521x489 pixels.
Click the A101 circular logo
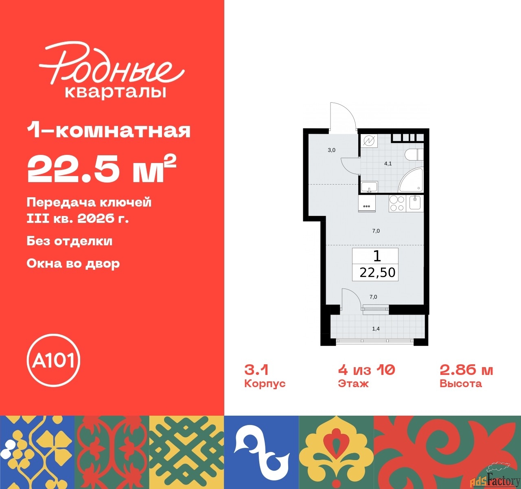pos(53,360)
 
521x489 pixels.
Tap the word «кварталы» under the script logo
pos(116,92)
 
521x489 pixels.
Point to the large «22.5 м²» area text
pos(101,168)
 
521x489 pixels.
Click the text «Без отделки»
pos(70,241)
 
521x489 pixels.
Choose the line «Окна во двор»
pos(73,263)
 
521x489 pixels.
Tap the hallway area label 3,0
pos(331,150)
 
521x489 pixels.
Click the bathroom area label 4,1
pos(388,163)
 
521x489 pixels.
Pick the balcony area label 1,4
pos(376,329)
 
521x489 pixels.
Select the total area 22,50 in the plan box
pos(377,273)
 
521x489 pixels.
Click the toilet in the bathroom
pos(414,154)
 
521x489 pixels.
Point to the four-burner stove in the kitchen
pos(397,204)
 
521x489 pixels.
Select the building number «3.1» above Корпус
pos(256,370)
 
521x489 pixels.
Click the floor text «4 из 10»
pos(366,370)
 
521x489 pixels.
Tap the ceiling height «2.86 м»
pos(466,370)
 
